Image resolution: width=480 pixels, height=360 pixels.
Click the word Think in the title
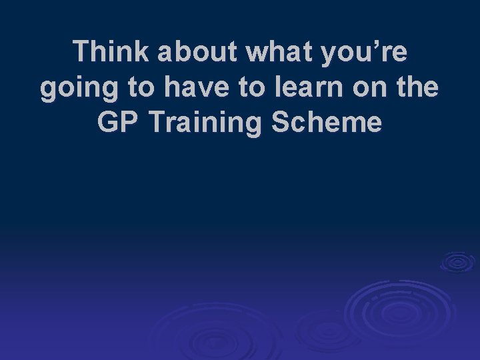111,53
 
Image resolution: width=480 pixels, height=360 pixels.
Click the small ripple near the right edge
457,261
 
